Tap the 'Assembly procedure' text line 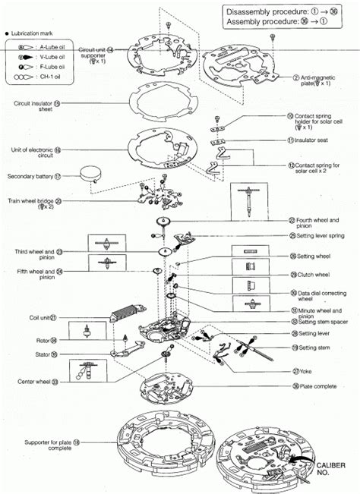pyautogui.click(x=284, y=24)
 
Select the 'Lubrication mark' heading pyautogui.click(x=31, y=34)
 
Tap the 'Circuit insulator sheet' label pyautogui.click(x=36, y=105)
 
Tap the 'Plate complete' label pyautogui.click(x=317, y=386)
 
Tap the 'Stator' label pyautogui.click(x=49, y=354)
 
